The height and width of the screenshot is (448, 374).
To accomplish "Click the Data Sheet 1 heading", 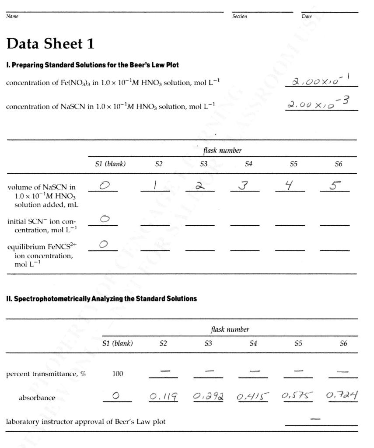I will [50, 44].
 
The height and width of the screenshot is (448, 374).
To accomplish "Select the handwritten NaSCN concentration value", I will [318, 104].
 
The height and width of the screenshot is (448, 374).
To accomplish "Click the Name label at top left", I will [12, 17].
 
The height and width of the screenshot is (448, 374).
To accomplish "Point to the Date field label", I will [307, 17].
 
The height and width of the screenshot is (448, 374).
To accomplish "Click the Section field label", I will [239, 17].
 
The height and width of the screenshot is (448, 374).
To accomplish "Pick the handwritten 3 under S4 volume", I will [244, 185].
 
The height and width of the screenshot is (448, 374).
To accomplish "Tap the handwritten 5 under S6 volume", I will [334, 185].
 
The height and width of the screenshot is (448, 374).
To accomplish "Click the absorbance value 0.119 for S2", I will [163, 397].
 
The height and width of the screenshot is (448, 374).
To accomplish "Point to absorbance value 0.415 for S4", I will [253, 397].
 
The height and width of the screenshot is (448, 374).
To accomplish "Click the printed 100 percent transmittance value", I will [118, 374].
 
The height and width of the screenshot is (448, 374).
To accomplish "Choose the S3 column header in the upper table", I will [203, 164].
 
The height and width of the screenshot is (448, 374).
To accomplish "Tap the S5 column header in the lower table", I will [298, 343].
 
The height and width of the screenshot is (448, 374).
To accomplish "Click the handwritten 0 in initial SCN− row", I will [104, 219].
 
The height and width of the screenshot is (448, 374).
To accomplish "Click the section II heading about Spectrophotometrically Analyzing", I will [101, 299].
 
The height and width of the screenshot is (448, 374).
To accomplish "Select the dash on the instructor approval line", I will [315, 419].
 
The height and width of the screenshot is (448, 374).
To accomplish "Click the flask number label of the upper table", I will [222, 150].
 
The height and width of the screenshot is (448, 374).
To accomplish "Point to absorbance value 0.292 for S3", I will [208, 397].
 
